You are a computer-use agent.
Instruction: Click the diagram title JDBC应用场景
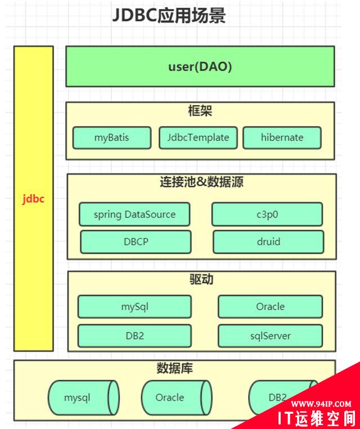(x=169, y=16)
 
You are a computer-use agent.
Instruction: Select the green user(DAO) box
(x=200, y=66)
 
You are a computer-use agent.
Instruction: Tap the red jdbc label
(x=33, y=199)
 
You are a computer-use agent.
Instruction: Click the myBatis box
(x=112, y=137)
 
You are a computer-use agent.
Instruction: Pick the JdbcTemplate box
(x=194, y=137)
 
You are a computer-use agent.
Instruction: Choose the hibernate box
(x=282, y=137)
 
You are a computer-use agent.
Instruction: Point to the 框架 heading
(x=200, y=111)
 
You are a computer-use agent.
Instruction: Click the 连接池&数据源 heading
(x=201, y=182)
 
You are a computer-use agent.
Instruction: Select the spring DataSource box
(x=134, y=214)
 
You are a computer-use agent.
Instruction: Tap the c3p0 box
(x=267, y=214)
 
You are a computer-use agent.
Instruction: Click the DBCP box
(x=134, y=242)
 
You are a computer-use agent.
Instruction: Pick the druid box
(x=268, y=242)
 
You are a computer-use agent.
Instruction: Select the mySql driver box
(x=134, y=307)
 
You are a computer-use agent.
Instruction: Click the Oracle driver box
(x=270, y=307)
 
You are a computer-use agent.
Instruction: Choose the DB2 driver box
(x=134, y=336)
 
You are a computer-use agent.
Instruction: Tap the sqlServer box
(x=270, y=336)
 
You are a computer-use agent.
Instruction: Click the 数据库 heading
(x=174, y=370)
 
